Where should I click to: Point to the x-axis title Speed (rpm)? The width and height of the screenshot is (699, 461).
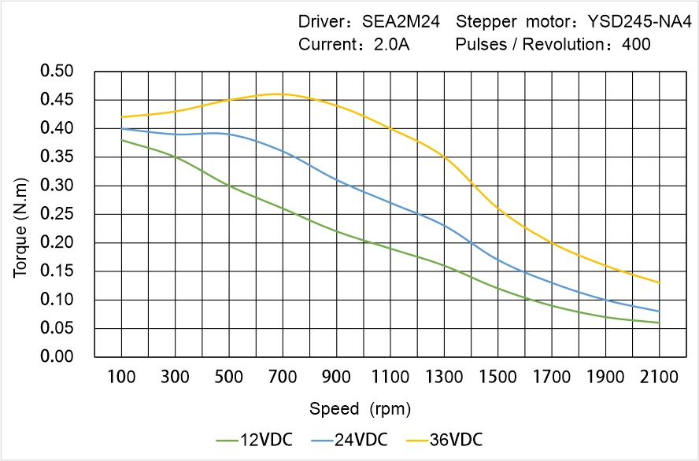coord(360,409)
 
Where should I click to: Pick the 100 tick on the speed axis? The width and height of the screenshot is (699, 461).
coord(121,377)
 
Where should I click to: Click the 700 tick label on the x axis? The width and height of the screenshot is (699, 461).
coord(283,377)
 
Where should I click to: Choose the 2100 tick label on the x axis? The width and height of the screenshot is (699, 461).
coord(659,377)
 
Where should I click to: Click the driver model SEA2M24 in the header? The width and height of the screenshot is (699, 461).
coord(401,21)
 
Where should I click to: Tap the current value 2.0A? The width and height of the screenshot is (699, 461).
coord(390,44)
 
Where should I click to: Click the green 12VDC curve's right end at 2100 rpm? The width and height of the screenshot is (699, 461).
coord(659,323)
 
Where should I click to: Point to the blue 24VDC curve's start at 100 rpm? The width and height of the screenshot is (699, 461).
coord(121,128)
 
